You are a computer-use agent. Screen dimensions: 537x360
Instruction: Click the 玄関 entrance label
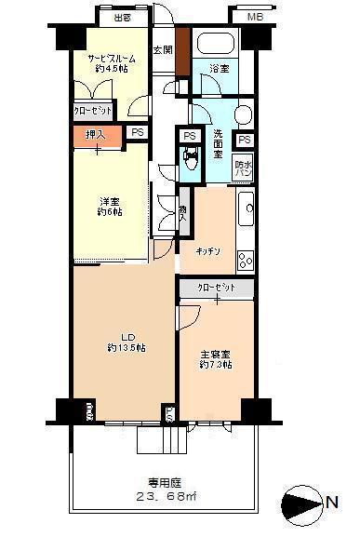pyautogui.click(x=162, y=50)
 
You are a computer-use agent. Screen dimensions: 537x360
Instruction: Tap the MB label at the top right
pyautogui.click(x=254, y=17)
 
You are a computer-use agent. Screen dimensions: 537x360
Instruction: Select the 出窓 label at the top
pyautogui.click(x=121, y=17)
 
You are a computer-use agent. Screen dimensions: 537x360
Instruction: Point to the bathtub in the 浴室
pyautogui.click(x=215, y=44)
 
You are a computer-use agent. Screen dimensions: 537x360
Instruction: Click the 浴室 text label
pyautogui.click(x=220, y=68)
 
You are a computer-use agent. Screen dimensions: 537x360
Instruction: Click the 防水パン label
pyautogui.click(x=245, y=168)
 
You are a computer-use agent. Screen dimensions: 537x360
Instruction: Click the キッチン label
pyautogui.click(x=207, y=251)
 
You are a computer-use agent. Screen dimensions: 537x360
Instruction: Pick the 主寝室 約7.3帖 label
pyautogui.click(x=216, y=358)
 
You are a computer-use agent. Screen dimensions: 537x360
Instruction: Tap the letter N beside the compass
pyautogui.click(x=332, y=504)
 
